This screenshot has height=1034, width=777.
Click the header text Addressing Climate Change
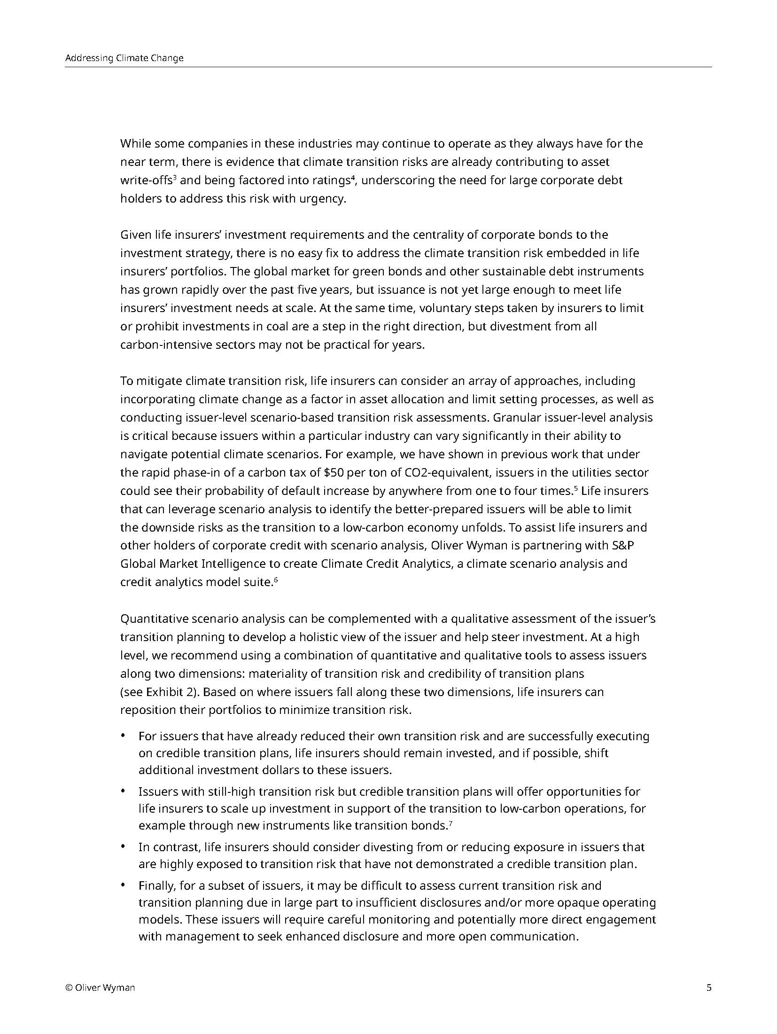point(124,58)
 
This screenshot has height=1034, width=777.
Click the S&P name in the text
point(624,546)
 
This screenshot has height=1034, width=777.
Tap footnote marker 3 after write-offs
point(174,178)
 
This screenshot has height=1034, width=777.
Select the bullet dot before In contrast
point(123,846)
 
